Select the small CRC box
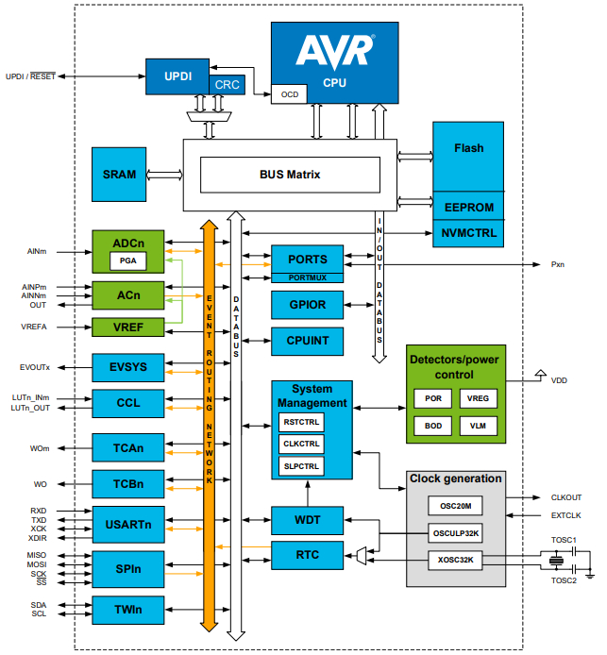point(228,85)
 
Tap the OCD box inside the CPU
point(289,94)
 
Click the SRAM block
point(119,175)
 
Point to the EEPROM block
point(468,207)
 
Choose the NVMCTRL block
point(468,232)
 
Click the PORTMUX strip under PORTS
point(307,277)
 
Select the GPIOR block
point(307,305)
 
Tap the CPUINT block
point(307,341)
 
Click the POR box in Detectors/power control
point(432,398)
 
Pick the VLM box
point(478,426)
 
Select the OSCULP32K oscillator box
point(455,532)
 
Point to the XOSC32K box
point(455,560)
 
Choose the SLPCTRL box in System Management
point(302,466)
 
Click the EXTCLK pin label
point(567,515)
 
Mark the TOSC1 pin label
point(564,541)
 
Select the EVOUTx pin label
point(35,365)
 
